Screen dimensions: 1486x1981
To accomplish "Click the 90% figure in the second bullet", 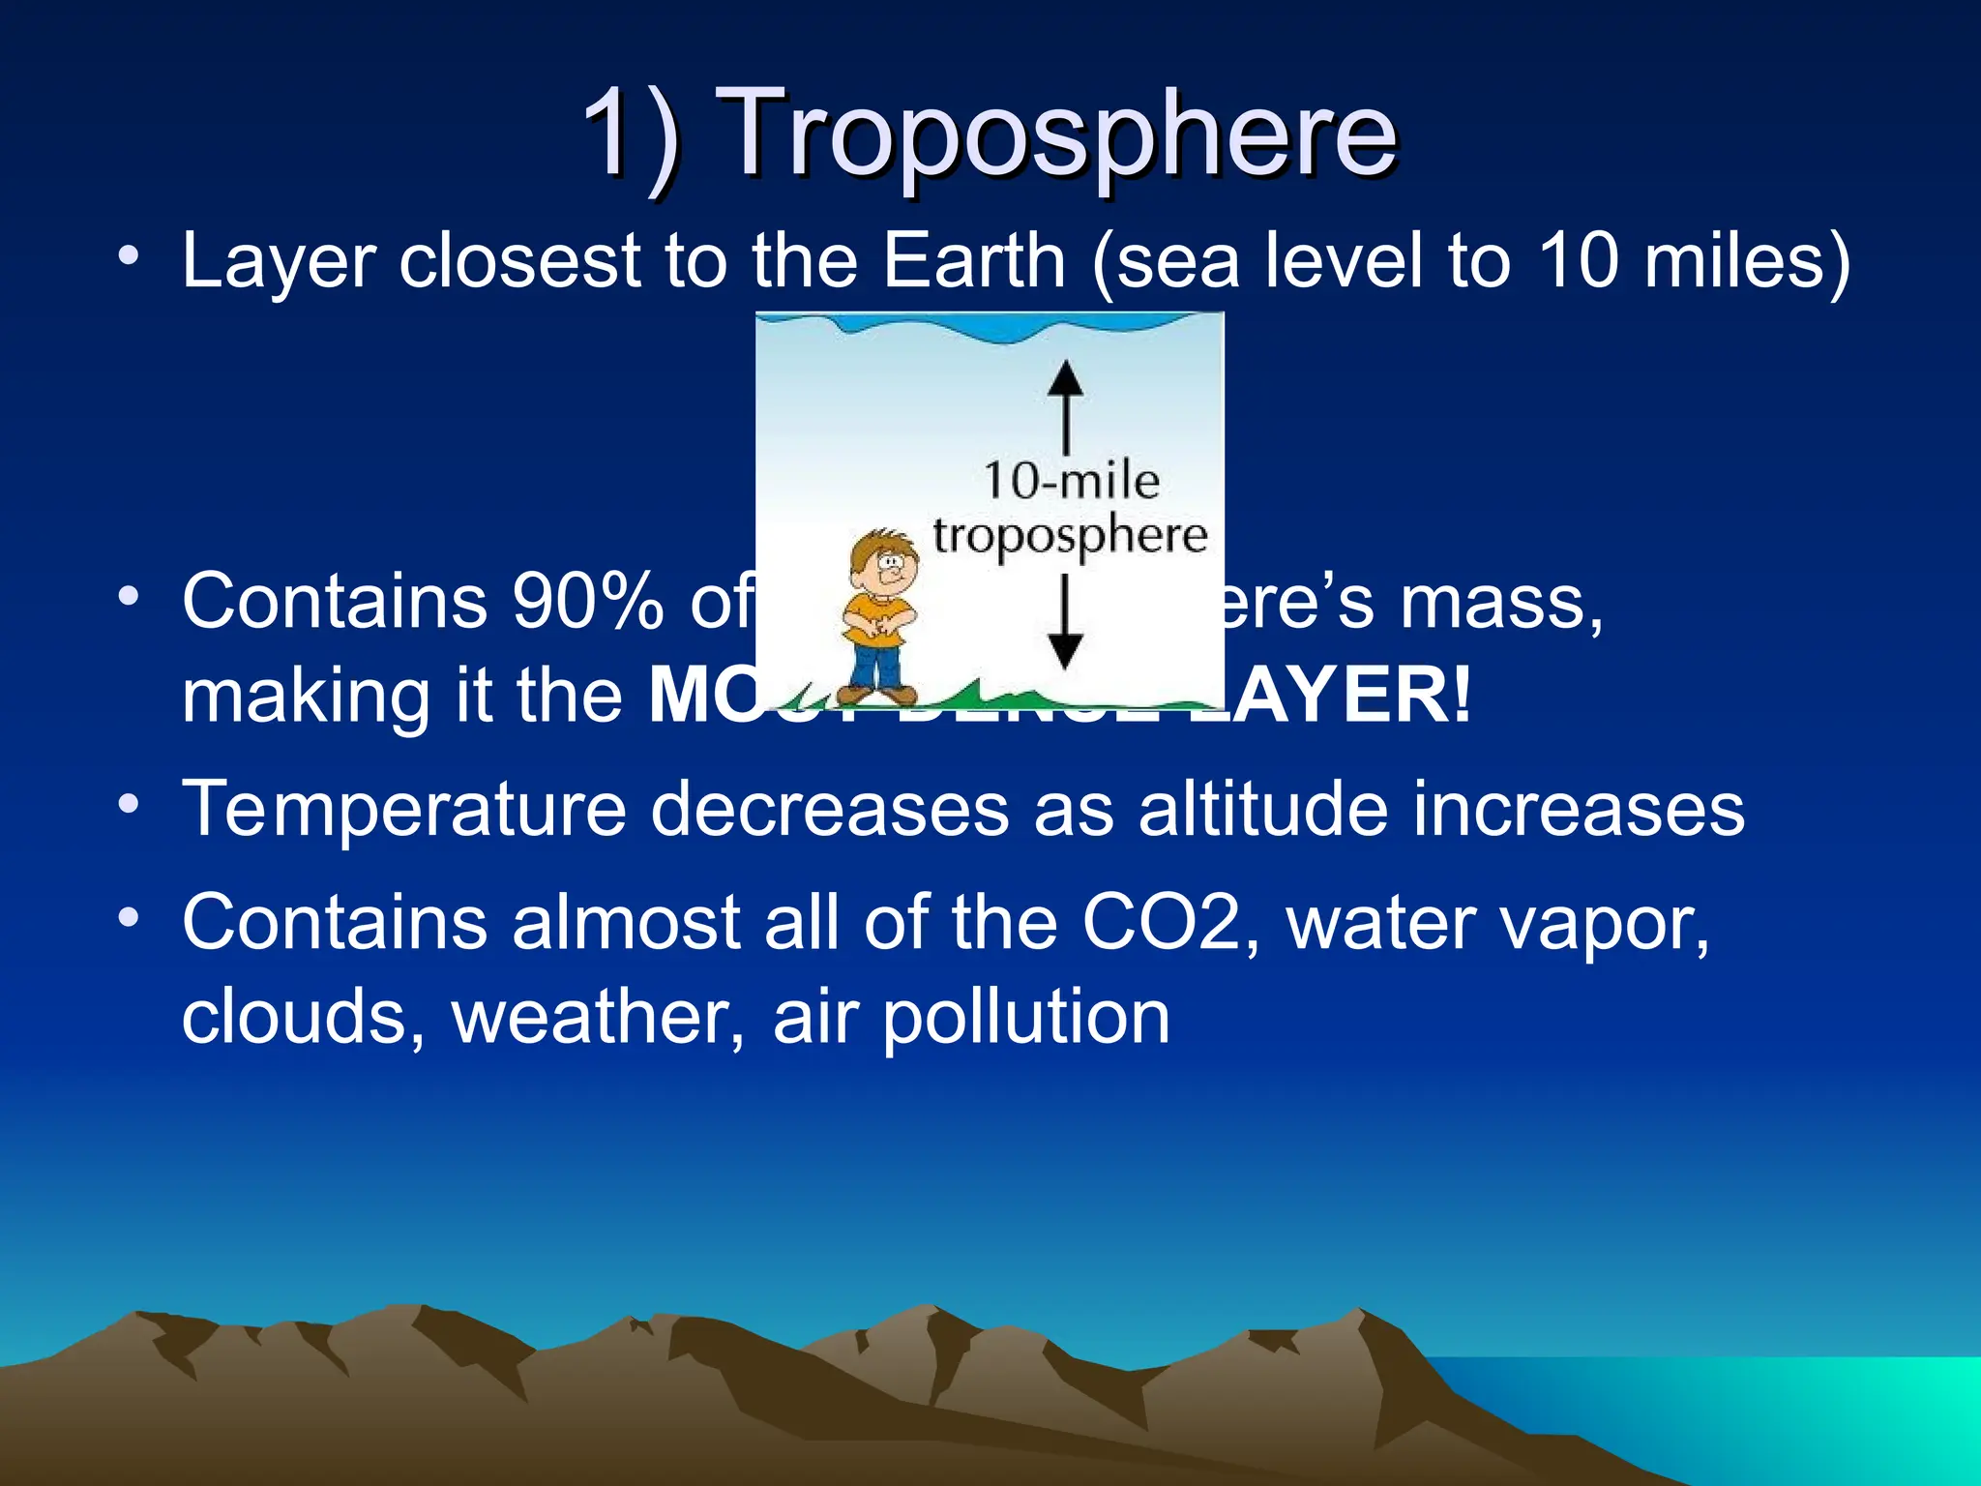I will (x=587, y=601).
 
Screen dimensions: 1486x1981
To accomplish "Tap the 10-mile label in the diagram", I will (x=1071, y=481).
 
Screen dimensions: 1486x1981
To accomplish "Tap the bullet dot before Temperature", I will (x=129, y=802).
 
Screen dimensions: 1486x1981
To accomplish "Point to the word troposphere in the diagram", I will (x=1070, y=535).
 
